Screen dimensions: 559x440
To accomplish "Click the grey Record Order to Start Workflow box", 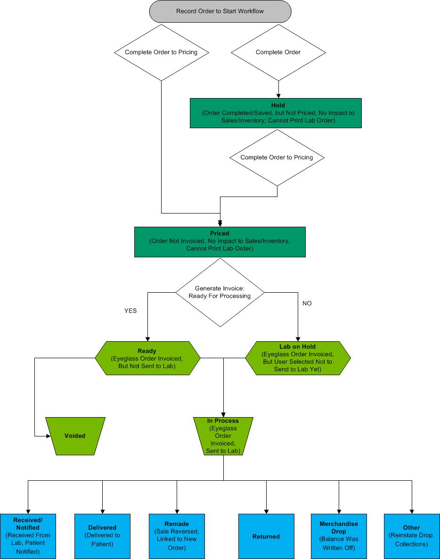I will (x=220, y=11).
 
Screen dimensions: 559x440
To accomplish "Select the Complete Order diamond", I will (x=278, y=52).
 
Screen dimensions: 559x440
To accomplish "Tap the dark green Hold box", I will (x=276, y=113).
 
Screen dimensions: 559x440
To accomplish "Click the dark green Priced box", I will (x=220, y=242).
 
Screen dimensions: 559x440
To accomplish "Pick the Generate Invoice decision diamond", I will (x=220, y=292).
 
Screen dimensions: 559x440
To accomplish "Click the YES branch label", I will (x=130, y=311).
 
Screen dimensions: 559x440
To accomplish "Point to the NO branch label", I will (x=307, y=304).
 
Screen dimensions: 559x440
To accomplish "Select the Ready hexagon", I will (x=147, y=358).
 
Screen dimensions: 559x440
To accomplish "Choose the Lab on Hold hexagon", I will (x=298, y=358).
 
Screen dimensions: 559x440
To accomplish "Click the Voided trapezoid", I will (x=75, y=436).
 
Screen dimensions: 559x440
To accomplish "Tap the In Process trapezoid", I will (x=223, y=436).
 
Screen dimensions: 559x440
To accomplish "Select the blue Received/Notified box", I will (x=28, y=536).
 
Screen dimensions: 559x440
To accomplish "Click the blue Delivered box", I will (x=102, y=536).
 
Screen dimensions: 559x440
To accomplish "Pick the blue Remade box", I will (x=177, y=536).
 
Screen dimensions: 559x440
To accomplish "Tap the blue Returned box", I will (x=266, y=536).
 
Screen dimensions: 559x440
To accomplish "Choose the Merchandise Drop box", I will (x=339, y=536).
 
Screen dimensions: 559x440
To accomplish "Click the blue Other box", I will (x=411, y=536).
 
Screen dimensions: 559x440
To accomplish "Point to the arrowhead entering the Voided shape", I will (x=48, y=436).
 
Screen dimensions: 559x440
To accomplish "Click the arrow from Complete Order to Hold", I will (x=278, y=90).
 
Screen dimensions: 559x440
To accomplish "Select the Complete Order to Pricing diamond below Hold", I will (x=277, y=157).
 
